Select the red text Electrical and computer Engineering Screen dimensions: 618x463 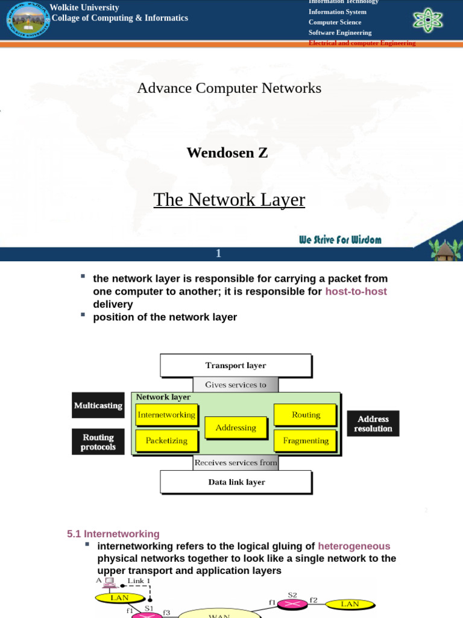click(362, 43)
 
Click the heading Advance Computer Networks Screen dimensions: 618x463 click(229, 88)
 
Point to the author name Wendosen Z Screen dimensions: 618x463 click(227, 153)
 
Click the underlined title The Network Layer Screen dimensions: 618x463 click(229, 200)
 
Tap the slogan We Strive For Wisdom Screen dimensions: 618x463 click(340, 240)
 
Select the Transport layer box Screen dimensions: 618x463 click(236, 365)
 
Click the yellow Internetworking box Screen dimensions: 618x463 click(166, 415)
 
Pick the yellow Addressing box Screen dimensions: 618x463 click(236, 427)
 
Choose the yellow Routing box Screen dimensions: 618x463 click(306, 415)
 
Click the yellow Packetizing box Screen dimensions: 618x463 click(166, 441)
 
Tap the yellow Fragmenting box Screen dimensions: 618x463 click(306, 441)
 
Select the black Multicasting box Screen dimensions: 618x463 click(98, 406)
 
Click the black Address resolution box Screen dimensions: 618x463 click(373, 424)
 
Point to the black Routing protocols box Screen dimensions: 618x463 click(98, 442)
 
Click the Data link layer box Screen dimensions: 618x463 click(236, 482)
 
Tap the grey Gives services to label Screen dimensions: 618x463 click(236, 384)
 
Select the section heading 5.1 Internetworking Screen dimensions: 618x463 click(113, 534)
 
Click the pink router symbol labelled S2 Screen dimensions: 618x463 click(292, 604)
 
